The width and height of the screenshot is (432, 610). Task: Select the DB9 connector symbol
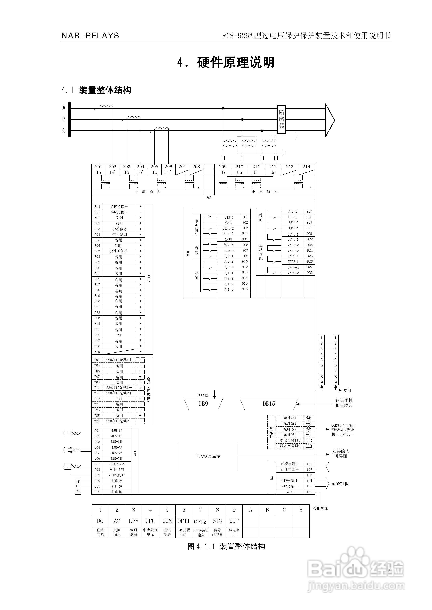click(203, 404)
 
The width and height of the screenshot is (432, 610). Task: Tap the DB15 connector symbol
click(269, 404)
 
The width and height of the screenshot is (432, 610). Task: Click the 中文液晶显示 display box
click(207, 456)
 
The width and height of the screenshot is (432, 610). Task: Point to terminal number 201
click(99, 167)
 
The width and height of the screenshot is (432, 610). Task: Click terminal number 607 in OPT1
click(97, 251)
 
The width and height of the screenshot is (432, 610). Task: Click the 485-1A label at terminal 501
click(117, 431)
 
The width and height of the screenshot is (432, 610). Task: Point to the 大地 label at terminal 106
click(290, 492)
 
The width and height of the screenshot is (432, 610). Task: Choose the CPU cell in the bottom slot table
click(150, 521)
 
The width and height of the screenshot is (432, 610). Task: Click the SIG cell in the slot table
click(217, 521)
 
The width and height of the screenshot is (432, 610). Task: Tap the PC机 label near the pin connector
click(347, 391)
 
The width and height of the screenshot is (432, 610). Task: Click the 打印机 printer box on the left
click(78, 486)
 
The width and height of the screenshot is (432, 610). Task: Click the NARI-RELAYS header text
click(90, 36)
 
